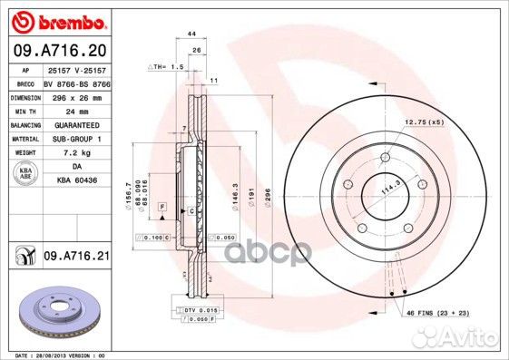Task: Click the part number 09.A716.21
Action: point(76,258)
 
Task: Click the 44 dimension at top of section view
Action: point(191,34)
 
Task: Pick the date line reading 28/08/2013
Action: point(54,355)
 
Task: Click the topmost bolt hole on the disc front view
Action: point(384,157)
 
